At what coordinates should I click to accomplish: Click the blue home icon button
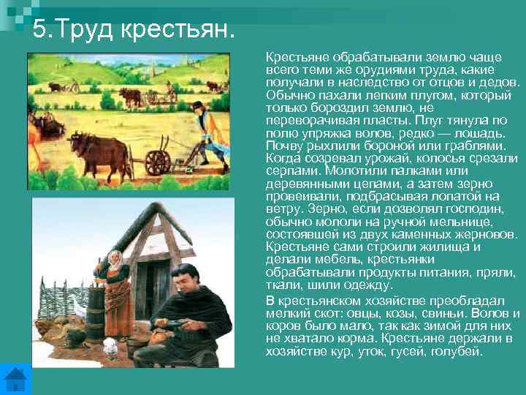pyautogui.click(x=15, y=379)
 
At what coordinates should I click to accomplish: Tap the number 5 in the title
pyautogui.click(x=39, y=31)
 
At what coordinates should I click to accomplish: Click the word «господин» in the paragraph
pyautogui.click(x=476, y=208)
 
